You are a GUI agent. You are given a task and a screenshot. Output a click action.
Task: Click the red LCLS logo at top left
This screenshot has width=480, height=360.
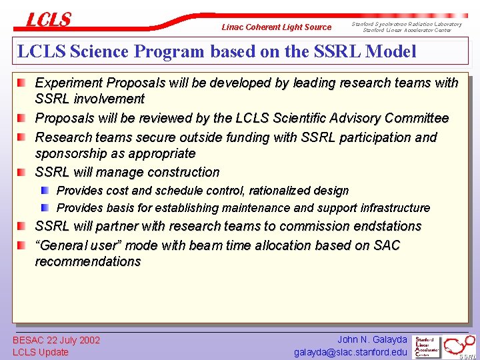coord(48,20)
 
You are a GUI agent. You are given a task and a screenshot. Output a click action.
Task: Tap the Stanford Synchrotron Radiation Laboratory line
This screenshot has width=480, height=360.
coord(407,24)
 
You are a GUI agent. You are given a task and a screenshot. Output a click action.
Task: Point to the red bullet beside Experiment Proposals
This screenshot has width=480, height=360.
coord(23,83)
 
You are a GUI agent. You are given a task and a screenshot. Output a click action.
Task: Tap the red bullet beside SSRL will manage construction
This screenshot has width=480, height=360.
coord(23,172)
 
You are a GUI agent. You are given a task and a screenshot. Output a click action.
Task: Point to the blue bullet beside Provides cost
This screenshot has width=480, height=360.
coord(45,191)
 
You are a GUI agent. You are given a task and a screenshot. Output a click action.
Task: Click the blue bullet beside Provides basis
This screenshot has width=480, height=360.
coord(45,208)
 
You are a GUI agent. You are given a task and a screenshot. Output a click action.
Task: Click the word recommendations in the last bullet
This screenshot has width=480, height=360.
coord(87,261)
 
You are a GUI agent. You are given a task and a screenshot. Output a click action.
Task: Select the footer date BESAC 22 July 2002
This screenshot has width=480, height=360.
coord(56,340)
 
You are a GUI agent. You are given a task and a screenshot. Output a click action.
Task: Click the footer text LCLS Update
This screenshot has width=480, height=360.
coord(41,352)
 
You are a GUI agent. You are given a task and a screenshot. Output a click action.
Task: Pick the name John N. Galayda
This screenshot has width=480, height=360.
coord(372,339)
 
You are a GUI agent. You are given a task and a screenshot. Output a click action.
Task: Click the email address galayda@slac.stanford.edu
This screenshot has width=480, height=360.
coord(351,352)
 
